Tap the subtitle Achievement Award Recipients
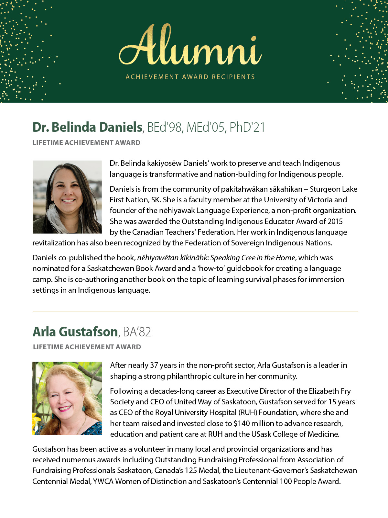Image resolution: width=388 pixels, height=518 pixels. click(190, 77)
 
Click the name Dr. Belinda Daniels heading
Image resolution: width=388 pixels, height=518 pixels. click(87, 127)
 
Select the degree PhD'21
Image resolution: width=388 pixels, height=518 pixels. click(247, 127)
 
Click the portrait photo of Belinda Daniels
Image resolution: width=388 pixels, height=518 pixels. click(67, 197)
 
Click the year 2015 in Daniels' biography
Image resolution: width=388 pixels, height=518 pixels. click(335, 221)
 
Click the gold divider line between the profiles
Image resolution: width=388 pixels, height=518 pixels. click(195, 311)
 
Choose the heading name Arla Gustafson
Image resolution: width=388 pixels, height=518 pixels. click(75, 332)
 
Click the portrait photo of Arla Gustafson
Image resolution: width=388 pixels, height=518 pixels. click(67, 398)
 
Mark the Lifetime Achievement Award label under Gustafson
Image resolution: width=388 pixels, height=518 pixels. click(87, 347)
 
